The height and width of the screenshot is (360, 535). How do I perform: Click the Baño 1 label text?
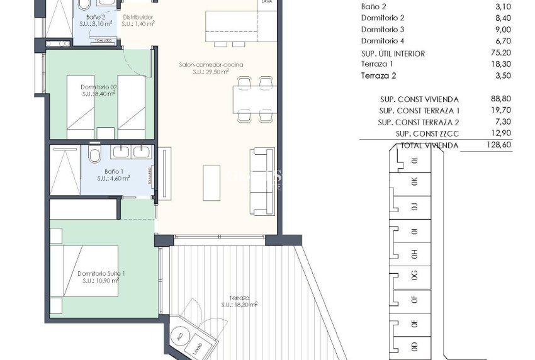(113, 174)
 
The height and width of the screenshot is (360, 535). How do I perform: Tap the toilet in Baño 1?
(95, 154)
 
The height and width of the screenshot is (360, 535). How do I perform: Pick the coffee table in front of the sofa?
(211, 182)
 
